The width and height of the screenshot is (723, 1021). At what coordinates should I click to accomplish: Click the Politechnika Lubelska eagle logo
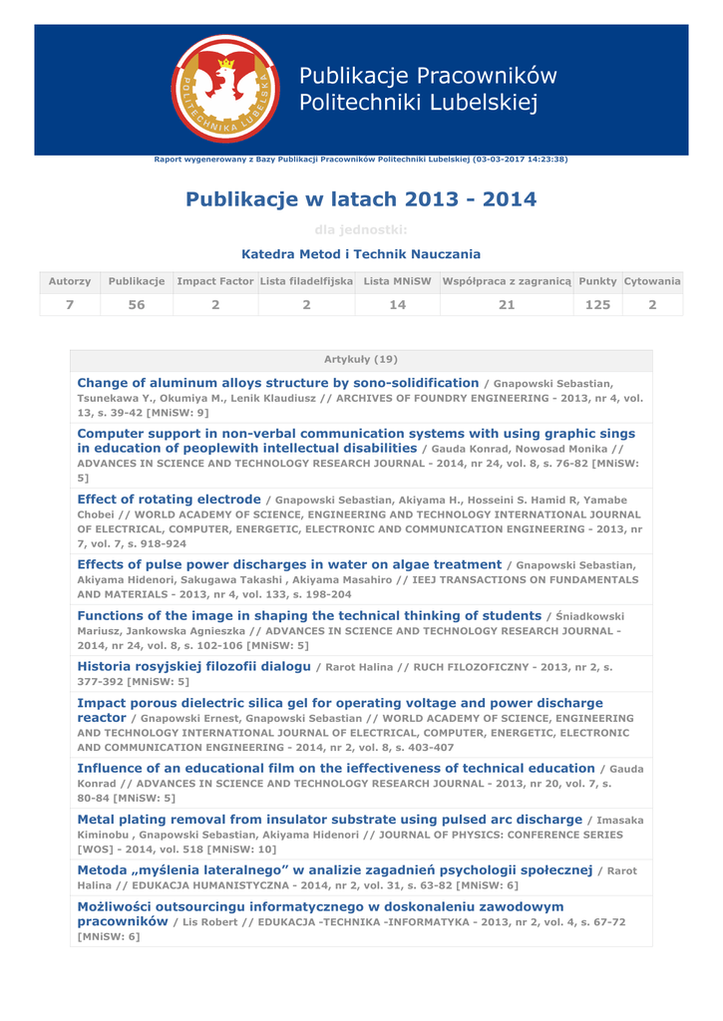click(x=225, y=89)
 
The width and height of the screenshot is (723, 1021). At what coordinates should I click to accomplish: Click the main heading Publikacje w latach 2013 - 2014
click(x=361, y=199)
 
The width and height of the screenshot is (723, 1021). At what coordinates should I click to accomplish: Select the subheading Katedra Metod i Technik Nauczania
click(x=361, y=254)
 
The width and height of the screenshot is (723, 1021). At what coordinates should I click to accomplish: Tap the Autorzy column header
click(x=70, y=282)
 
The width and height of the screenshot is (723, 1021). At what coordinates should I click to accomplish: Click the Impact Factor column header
click(x=215, y=282)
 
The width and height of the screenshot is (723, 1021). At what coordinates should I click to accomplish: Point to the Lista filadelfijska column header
click(x=306, y=282)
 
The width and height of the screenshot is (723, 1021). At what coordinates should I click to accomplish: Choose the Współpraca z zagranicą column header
click(x=507, y=282)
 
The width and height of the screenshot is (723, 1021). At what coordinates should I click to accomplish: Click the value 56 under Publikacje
click(x=137, y=305)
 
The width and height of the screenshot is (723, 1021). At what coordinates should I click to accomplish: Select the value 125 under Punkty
click(x=597, y=305)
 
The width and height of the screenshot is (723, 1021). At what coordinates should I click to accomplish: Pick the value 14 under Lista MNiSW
click(x=398, y=305)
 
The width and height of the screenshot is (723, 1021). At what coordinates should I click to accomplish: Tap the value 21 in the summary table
click(x=507, y=305)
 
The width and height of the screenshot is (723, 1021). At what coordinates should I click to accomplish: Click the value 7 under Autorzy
click(x=70, y=305)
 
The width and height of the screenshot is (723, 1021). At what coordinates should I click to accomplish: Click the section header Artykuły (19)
click(x=361, y=359)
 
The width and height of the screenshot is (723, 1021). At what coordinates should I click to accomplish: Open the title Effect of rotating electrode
click(x=169, y=499)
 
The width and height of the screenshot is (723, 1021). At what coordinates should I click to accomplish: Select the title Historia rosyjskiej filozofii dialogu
click(x=193, y=665)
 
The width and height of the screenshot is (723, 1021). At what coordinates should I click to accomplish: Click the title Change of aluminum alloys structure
click(x=277, y=383)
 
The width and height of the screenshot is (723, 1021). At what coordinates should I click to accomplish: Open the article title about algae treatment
click(x=289, y=564)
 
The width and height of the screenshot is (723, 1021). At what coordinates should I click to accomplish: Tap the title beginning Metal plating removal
click(x=329, y=819)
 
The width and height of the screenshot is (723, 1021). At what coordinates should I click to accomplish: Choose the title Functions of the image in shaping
click(x=309, y=615)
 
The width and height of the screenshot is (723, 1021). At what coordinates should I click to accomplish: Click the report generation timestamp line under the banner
click(x=361, y=160)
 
